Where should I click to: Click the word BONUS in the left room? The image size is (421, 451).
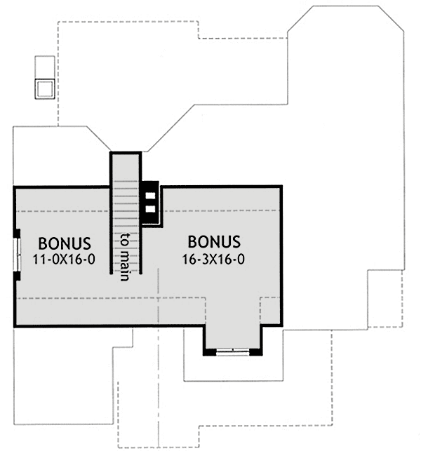click(x=65, y=243)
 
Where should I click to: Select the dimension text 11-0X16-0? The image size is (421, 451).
click(x=65, y=259)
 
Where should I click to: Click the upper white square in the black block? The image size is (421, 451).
click(x=150, y=194)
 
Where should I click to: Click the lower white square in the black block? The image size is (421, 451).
click(x=150, y=209)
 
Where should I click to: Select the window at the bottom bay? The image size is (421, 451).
click(x=232, y=352)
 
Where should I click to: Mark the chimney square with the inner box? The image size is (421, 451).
click(x=44, y=88)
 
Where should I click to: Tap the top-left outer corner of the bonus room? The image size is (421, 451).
click(x=14, y=187)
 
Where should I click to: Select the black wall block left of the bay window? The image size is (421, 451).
click(x=209, y=351)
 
